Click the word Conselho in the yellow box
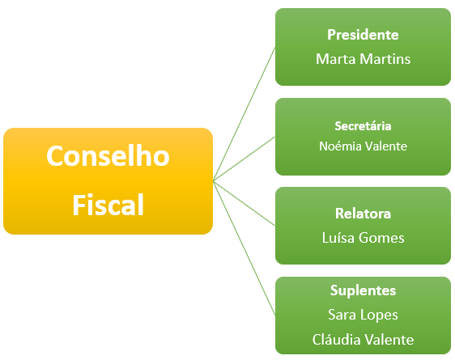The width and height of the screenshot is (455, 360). (x=108, y=156)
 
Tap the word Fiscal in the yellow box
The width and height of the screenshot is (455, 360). (x=108, y=205)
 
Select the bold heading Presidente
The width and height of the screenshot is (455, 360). (x=363, y=35)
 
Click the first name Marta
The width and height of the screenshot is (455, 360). (x=336, y=59)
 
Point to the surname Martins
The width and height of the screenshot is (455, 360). (x=385, y=59)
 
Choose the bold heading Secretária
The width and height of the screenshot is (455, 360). (x=363, y=126)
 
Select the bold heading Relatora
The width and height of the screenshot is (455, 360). (x=363, y=214)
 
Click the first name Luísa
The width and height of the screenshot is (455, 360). (x=338, y=238)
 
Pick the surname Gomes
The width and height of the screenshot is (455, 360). (x=381, y=238)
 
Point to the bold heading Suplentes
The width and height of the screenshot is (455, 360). (x=363, y=290)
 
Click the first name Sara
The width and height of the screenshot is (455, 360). (x=342, y=315)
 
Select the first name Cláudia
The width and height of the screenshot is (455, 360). (x=336, y=340)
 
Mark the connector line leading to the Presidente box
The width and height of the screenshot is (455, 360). (x=244, y=114)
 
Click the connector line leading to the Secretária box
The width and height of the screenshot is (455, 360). (x=244, y=159)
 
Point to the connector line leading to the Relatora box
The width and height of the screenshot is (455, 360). (x=244, y=203)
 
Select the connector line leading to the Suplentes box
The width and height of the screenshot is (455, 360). (x=244, y=248)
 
